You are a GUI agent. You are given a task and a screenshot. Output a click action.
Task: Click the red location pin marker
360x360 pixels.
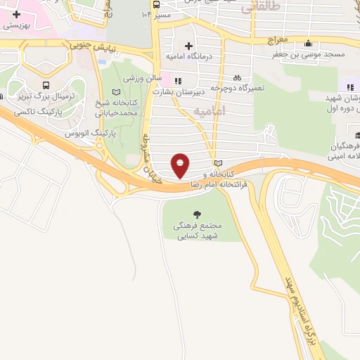(181, 165)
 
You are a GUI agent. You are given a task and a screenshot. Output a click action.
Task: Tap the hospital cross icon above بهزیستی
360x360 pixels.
(16, 13)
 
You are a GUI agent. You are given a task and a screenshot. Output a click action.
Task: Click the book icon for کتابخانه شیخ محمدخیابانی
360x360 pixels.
(117, 92)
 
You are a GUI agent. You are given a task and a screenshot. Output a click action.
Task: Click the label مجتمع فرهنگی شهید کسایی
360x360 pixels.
(198, 231)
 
